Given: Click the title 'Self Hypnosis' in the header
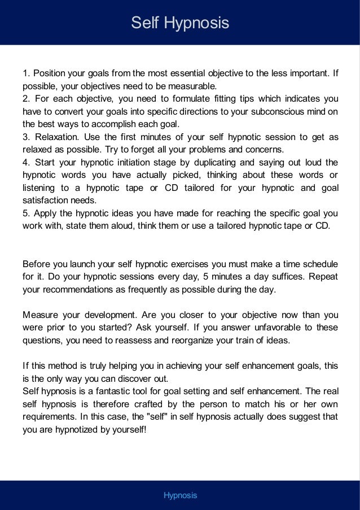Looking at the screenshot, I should (x=180, y=23).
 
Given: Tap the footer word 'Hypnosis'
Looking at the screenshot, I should (x=180, y=495).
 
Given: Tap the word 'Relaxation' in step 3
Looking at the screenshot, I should (x=55, y=138).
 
